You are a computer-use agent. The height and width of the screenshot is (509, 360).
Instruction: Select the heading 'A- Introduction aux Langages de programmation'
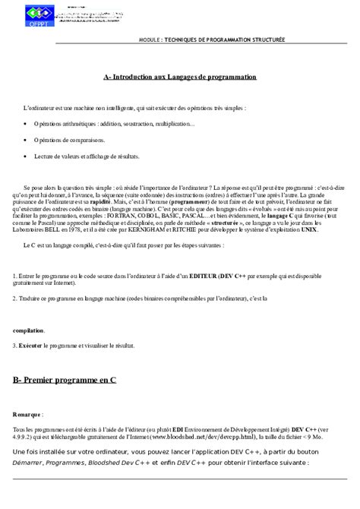tap(180, 77)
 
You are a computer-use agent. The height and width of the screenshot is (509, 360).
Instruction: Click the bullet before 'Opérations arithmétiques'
tap(26, 124)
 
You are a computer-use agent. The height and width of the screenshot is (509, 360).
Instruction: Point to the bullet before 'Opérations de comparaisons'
tap(26, 141)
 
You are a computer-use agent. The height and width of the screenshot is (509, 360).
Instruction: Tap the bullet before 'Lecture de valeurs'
tap(26, 156)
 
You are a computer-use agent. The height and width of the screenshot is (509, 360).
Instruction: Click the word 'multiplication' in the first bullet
tap(174, 124)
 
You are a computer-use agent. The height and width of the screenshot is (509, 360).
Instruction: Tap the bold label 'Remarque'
tap(27, 415)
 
